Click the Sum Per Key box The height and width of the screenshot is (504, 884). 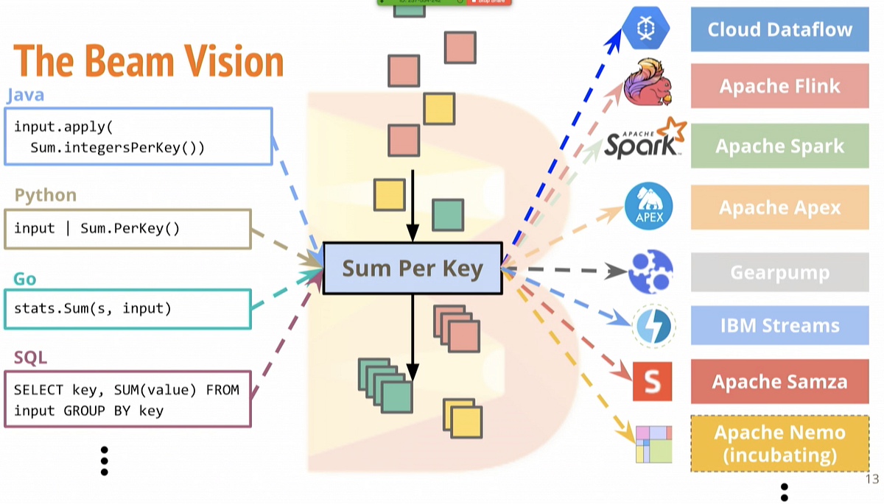pyautogui.click(x=412, y=269)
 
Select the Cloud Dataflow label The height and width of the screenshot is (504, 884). pyautogui.click(x=779, y=29)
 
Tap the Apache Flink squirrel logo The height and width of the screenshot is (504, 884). pyautogui.click(x=648, y=83)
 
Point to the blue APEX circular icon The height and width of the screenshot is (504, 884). pyautogui.click(x=648, y=207)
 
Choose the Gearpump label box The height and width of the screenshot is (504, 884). pyautogui.click(x=779, y=272)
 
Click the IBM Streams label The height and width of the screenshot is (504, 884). pyautogui.click(x=779, y=325)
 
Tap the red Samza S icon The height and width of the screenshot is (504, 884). pyautogui.click(x=652, y=381)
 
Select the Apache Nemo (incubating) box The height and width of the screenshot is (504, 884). pyautogui.click(x=779, y=443)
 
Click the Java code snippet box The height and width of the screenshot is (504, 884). pyautogui.click(x=138, y=137)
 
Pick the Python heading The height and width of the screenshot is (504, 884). pyautogui.click(x=46, y=195)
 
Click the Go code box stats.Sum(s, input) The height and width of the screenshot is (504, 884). pyautogui.click(x=127, y=308)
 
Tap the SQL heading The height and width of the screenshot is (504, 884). pyautogui.click(x=30, y=358)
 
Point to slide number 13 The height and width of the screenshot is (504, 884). pyautogui.click(x=871, y=480)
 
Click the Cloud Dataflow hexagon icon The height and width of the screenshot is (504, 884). pyautogui.click(x=646, y=28)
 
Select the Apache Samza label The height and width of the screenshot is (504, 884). pyautogui.click(x=779, y=382)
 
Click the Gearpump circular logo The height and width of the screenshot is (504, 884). pyautogui.click(x=650, y=271)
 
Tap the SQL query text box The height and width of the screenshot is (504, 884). pyautogui.click(x=127, y=400)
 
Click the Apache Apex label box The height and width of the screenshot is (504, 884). pyautogui.click(x=779, y=207)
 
